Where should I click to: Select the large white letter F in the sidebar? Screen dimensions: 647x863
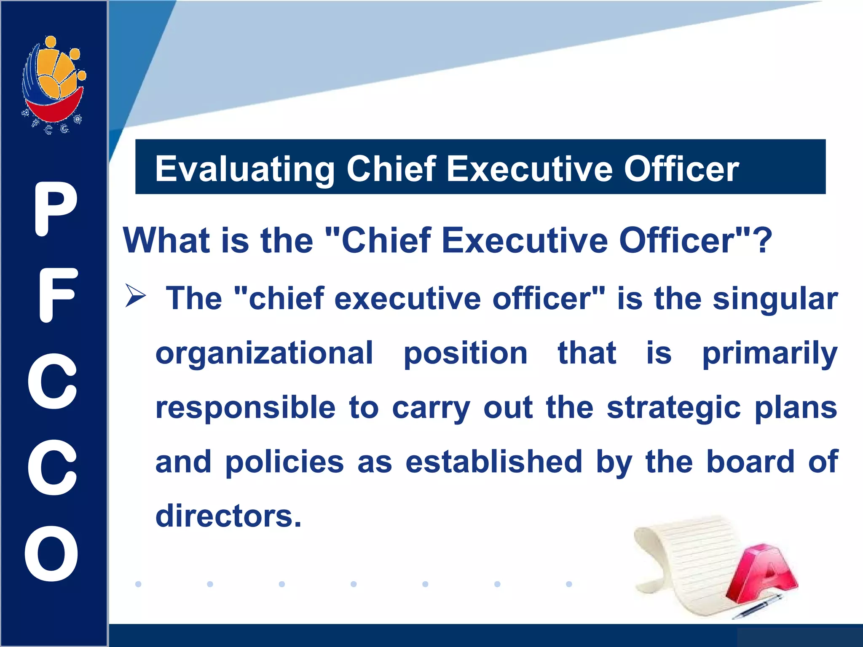[x=57, y=295]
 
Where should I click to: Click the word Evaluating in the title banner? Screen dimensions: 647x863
[x=244, y=169]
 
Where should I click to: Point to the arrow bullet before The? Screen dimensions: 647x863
[x=135, y=295]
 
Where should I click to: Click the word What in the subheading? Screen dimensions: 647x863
[x=167, y=241]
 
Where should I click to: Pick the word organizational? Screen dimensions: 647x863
[x=264, y=353]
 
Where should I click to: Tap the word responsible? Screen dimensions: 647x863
[x=245, y=408]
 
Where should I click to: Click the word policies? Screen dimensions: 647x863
[x=284, y=463]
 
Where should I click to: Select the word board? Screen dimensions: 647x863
[x=750, y=462]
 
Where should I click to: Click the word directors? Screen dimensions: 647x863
[x=228, y=516]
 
